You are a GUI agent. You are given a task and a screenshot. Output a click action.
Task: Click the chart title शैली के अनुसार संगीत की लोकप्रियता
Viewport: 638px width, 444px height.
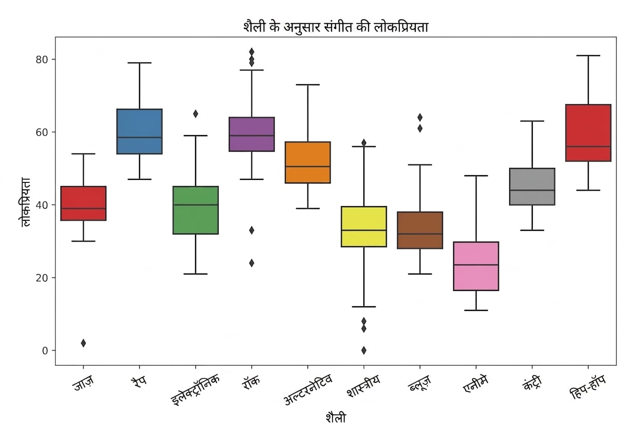coord(336,27)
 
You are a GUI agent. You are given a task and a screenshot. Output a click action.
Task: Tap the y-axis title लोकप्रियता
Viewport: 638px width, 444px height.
coord(25,202)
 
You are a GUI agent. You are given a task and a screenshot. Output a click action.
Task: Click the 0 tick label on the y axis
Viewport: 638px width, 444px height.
coord(45,351)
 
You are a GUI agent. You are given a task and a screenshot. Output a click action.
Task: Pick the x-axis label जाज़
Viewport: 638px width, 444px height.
coord(83,383)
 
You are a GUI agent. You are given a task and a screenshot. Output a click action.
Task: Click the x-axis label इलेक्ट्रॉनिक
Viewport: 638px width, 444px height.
coord(196,390)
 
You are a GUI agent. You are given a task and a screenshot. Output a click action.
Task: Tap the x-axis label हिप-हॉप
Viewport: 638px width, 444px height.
coord(588,387)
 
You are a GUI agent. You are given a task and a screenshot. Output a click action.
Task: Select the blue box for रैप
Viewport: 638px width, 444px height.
coord(140,132)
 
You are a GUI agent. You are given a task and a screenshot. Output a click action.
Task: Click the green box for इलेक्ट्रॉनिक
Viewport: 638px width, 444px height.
coord(196,210)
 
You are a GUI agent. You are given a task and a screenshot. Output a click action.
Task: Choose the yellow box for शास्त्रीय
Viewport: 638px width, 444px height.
coord(364,227)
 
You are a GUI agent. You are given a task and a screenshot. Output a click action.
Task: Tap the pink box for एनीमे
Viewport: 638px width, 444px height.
coord(476,266)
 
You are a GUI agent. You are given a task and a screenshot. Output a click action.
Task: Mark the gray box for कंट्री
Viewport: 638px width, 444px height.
coord(532,187)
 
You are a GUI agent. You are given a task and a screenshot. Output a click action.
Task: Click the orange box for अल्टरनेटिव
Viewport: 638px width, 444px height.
coord(307,162)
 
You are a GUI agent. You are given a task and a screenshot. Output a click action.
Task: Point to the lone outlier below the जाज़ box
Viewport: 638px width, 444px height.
coord(84,343)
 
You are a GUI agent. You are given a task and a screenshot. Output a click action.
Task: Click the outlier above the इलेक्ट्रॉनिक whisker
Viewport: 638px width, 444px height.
coord(196,114)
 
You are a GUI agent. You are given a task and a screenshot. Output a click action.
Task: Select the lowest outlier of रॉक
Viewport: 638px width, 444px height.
coord(252,263)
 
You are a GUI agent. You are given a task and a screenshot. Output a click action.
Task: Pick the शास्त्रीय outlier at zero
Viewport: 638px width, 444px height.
coord(364,350)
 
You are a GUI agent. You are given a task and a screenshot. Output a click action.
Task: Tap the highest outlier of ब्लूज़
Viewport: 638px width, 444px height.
coord(420,117)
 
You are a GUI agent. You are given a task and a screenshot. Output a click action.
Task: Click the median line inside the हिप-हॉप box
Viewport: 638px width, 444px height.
coord(588,146)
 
